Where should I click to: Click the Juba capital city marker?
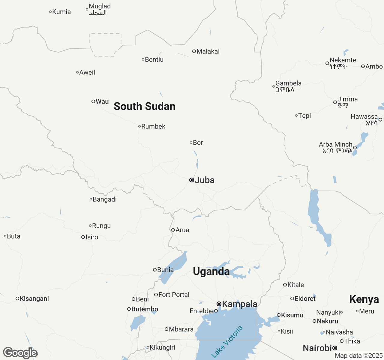(x=191, y=180)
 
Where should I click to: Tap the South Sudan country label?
(x=144, y=106)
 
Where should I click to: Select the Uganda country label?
(x=211, y=271)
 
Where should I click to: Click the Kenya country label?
(x=364, y=299)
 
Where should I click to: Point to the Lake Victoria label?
(x=227, y=342)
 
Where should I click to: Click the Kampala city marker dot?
(x=219, y=304)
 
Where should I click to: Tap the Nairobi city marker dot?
(x=335, y=348)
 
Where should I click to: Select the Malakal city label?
(x=208, y=52)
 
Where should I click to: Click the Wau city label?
(x=102, y=102)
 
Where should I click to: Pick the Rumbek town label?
(x=153, y=127)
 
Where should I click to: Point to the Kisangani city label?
(x=34, y=299)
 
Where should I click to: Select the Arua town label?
(x=182, y=230)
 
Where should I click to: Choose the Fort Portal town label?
(x=174, y=295)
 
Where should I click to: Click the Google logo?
(x=20, y=353)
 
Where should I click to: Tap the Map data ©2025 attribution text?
(x=358, y=356)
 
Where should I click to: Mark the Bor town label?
(x=198, y=143)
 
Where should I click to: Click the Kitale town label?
(x=295, y=285)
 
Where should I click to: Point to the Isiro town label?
(x=92, y=237)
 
